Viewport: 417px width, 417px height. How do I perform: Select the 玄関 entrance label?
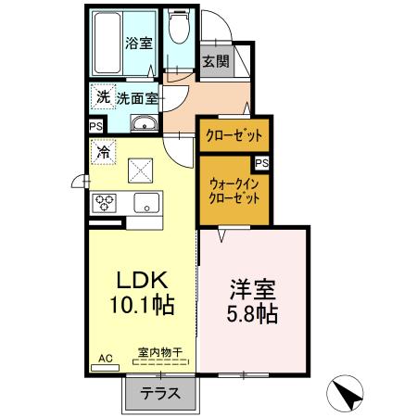[x=214, y=63]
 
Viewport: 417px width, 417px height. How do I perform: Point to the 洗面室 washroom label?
[x=137, y=97]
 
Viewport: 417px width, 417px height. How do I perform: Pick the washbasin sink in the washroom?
[x=143, y=125]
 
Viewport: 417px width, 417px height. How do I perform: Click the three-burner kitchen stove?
[x=103, y=203]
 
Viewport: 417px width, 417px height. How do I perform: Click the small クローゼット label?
[x=234, y=135]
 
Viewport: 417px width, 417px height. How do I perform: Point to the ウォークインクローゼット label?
[x=233, y=191]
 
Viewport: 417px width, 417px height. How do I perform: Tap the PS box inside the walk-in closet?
[x=262, y=163]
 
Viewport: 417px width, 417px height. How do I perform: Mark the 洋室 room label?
[x=253, y=288]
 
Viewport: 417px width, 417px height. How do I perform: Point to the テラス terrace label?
[x=159, y=393]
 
